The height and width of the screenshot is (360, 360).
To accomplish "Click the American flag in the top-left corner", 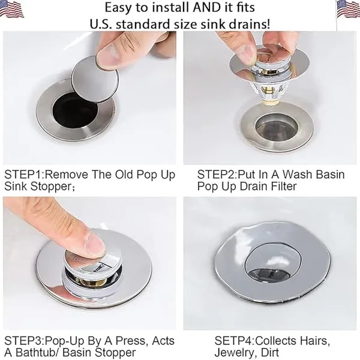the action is (x=12, y=9).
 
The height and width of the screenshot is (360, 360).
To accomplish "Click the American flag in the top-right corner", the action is (x=348, y=10).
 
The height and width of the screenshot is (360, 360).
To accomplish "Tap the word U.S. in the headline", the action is (x=100, y=24).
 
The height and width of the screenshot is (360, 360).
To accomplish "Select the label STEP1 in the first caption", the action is (x=23, y=175).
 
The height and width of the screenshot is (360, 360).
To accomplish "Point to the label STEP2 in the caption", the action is (x=217, y=175).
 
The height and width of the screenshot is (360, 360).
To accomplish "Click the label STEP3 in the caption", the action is (x=23, y=341).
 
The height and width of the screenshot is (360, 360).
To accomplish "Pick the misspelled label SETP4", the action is (x=234, y=341).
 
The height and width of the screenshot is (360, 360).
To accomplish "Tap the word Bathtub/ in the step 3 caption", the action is (x=43, y=352).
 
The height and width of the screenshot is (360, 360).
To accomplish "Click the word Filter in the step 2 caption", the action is (x=284, y=186).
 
